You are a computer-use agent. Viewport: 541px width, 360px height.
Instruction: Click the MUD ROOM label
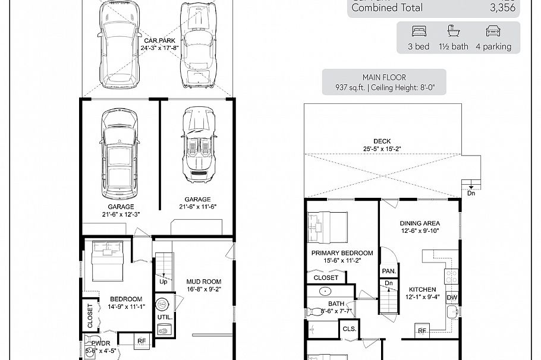[x=203, y=282]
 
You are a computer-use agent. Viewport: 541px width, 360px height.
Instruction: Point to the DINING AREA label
[x=420, y=223]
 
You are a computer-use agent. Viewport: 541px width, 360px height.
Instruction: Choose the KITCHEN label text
[x=421, y=289]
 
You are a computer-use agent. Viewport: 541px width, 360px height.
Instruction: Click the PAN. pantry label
[x=389, y=271]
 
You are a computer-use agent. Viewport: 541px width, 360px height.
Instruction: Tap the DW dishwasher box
[x=452, y=298]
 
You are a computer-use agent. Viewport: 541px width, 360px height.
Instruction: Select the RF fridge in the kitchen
[x=422, y=331]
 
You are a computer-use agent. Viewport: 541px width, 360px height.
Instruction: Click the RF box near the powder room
[x=141, y=341]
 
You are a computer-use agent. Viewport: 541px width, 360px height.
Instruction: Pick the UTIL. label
[x=165, y=317]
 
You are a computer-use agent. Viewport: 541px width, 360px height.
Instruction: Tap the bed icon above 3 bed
[x=419, y=31]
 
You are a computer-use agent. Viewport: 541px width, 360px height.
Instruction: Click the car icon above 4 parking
[x=493, y=31]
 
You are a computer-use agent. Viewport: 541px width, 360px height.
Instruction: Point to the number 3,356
[x=502, y=8]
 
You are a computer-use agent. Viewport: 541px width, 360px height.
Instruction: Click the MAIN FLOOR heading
[x=383, y=77]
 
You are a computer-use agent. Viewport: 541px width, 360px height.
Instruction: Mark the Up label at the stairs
[x=162, y=282]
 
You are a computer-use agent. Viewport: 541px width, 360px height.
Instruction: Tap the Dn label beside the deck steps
[x=471, y=193]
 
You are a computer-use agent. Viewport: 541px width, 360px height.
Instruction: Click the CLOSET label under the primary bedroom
[x=326, y=277]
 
